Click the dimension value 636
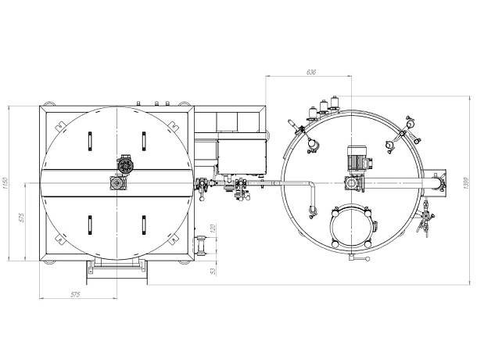click(x=311, y=72)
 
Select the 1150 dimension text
click(x=5, y=183)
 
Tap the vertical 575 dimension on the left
click(x=21, y=218)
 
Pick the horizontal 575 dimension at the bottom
click(x=75, y=294)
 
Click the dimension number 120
click(x=213, y=228)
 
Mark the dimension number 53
click(x=213, y=271)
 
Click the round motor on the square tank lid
click(x=125, y=165)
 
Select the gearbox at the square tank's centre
click(x=117, y=182)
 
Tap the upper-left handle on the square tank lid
click(x=90, y=142)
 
